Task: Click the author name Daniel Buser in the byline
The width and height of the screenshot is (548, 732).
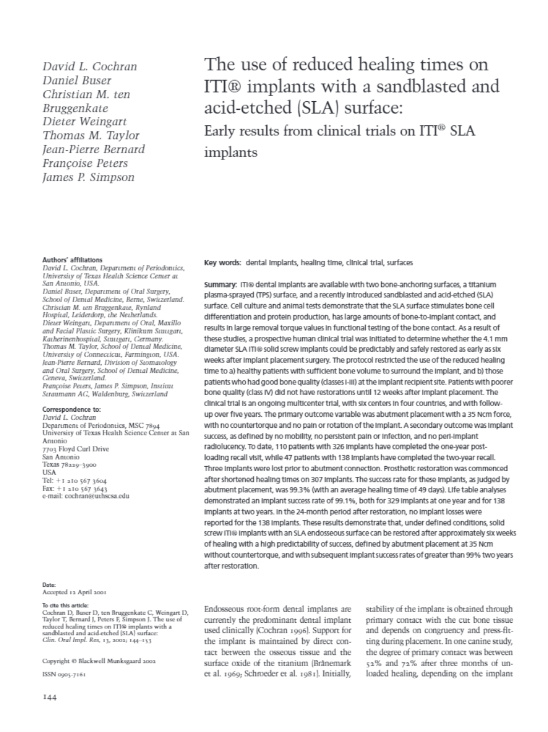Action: click(x=77, y=81)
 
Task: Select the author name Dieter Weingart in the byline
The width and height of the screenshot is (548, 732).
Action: click(x=85, y=122)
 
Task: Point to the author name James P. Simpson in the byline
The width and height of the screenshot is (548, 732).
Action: click(x=89, y=177)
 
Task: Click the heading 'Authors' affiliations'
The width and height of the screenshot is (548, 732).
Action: click(x=73, y=260)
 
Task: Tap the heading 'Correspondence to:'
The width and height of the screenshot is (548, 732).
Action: click(x=71, y=409)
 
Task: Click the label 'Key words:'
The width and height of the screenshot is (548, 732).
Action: click(x=222, y=263)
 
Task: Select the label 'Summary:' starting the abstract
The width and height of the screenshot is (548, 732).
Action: click(x=220, y=285)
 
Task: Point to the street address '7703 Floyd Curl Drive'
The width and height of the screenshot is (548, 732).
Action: click(x=75, y=449)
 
